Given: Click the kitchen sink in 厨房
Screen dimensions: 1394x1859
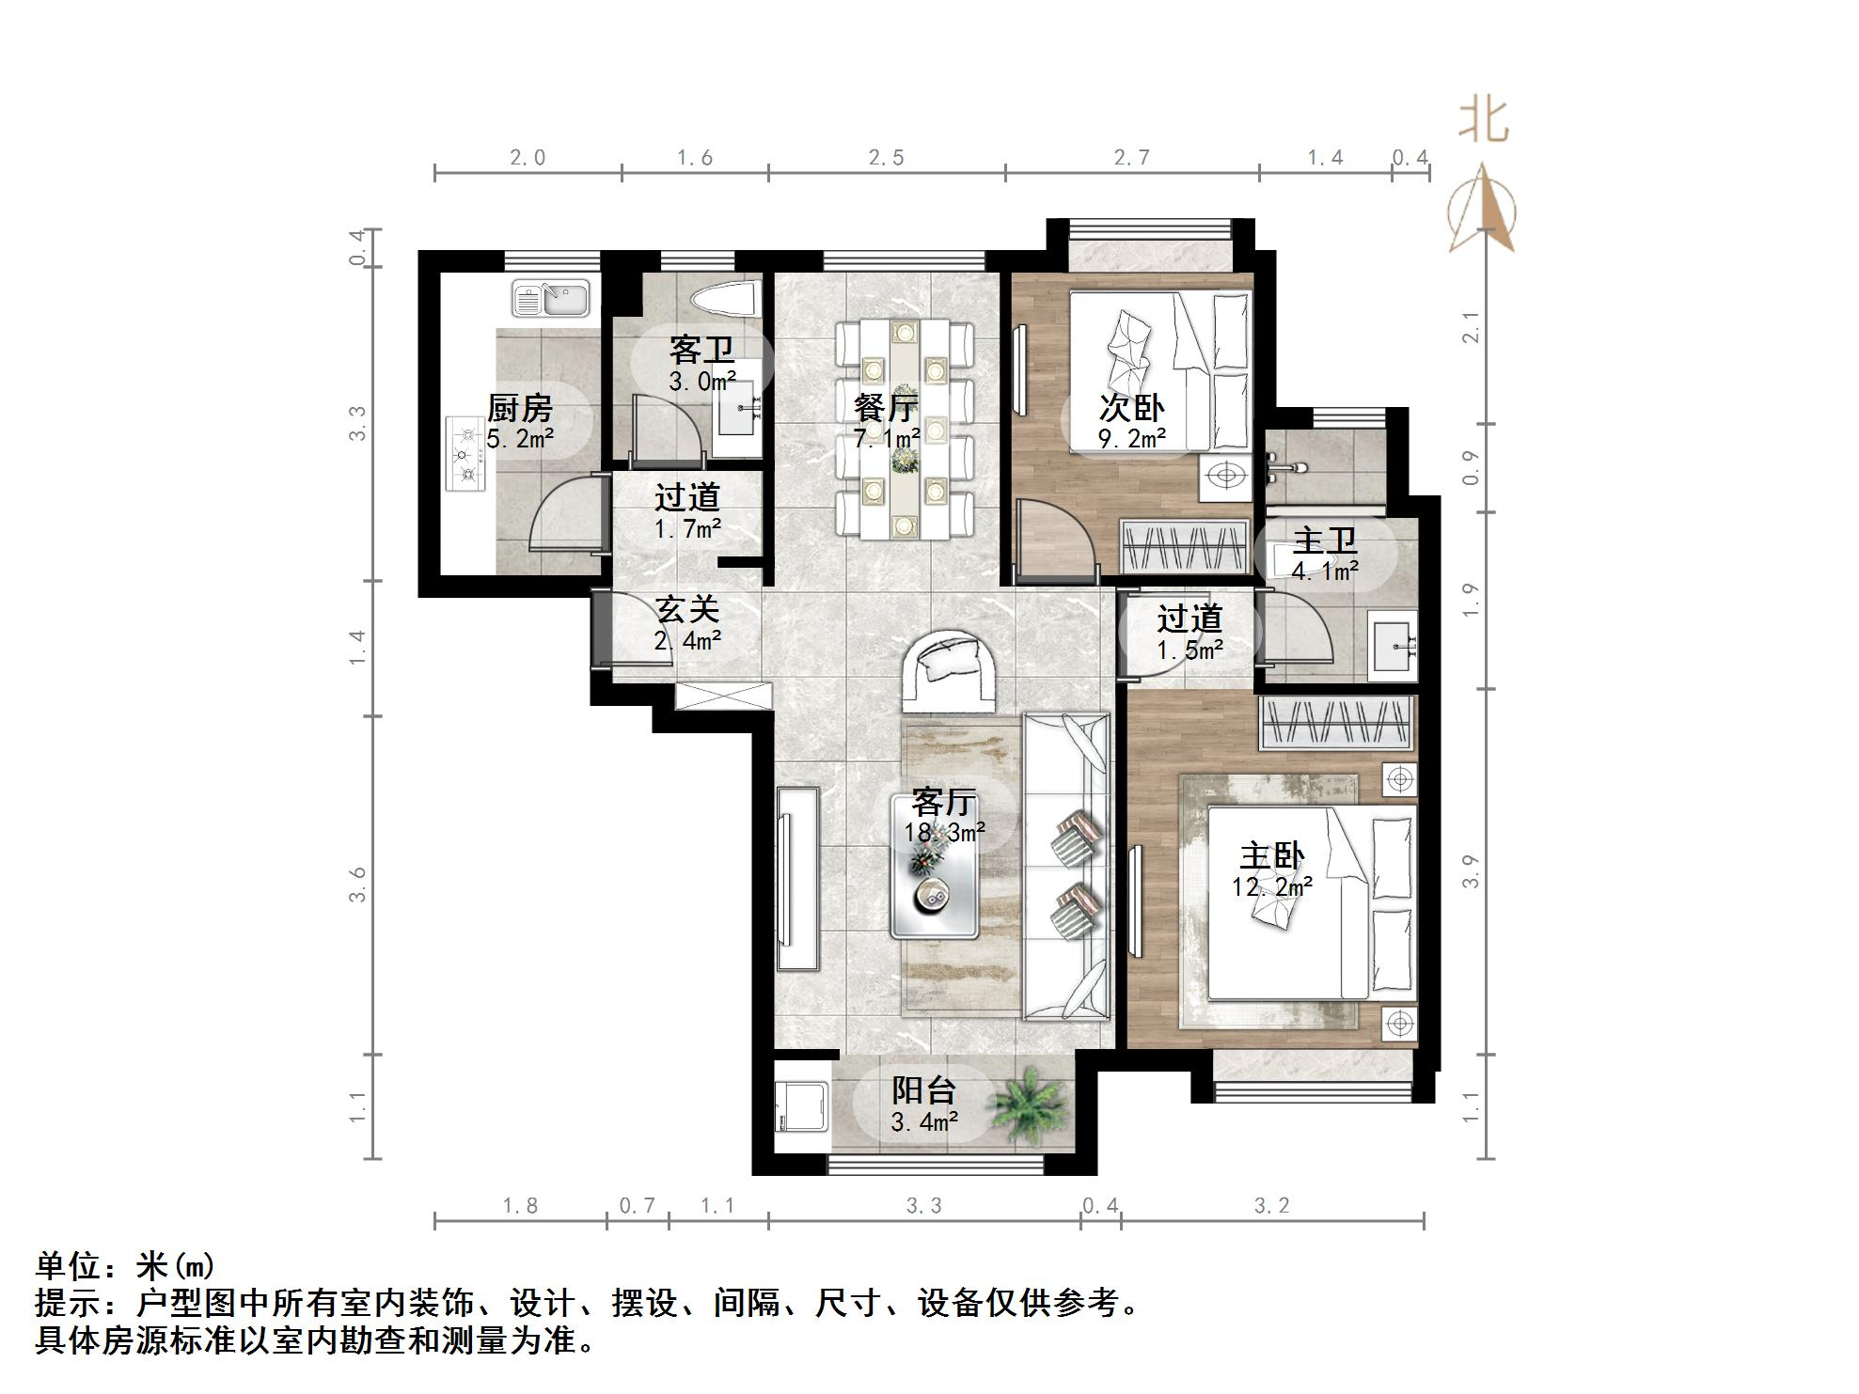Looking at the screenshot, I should click(x=550, y=299).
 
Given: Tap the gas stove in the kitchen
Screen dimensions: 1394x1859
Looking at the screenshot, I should click(x=467, y=455).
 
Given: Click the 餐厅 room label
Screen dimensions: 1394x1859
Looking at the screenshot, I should click(x=886, y=408).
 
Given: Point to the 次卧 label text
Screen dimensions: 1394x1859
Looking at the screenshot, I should click(x=1131, y=408).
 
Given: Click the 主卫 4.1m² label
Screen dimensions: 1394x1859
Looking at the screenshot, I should click(x=1325, y=555).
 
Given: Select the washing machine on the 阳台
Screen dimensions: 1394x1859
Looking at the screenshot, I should click(x=801, y=1106).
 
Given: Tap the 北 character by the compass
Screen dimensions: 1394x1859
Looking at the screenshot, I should click(x=1484, y=121).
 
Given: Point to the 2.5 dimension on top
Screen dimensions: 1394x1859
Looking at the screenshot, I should click(x=886, y=158).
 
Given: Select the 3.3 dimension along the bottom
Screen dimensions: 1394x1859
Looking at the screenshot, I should click(x=923, y=1206).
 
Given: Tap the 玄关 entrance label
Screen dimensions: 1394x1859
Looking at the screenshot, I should click(x=687, y=610).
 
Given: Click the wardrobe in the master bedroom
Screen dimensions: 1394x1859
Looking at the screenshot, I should click(x=1337, y=724).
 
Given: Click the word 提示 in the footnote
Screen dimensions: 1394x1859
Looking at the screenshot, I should click(x=68, y=1304).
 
